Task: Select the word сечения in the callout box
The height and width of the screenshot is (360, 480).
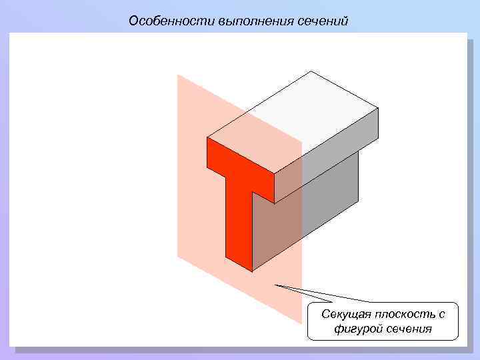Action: click(x=406, y=329)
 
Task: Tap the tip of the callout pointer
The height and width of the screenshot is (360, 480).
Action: click(x=275, y=285)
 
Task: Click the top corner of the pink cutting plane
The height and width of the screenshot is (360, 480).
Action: click(x=178, y=75)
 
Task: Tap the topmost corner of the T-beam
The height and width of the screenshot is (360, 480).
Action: click(x=311, y=71)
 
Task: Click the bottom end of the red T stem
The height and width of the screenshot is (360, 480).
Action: click(x=239, y=263)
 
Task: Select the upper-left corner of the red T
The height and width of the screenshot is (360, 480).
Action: click(x=207, y=138)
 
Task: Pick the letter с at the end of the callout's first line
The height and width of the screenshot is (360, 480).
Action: click(x=441, y=314)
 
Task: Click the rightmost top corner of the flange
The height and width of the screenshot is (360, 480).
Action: click(x=378, y=108)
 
